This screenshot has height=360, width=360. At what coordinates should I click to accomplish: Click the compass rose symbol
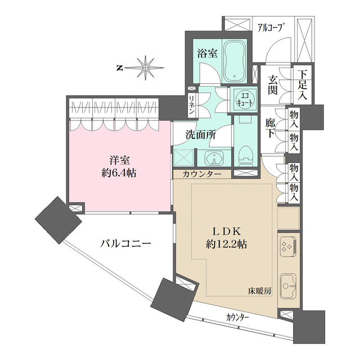coord(146,68)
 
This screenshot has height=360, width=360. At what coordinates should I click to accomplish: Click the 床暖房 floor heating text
coord(260,290)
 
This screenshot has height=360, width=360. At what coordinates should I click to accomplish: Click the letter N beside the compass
coord(119,68)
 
